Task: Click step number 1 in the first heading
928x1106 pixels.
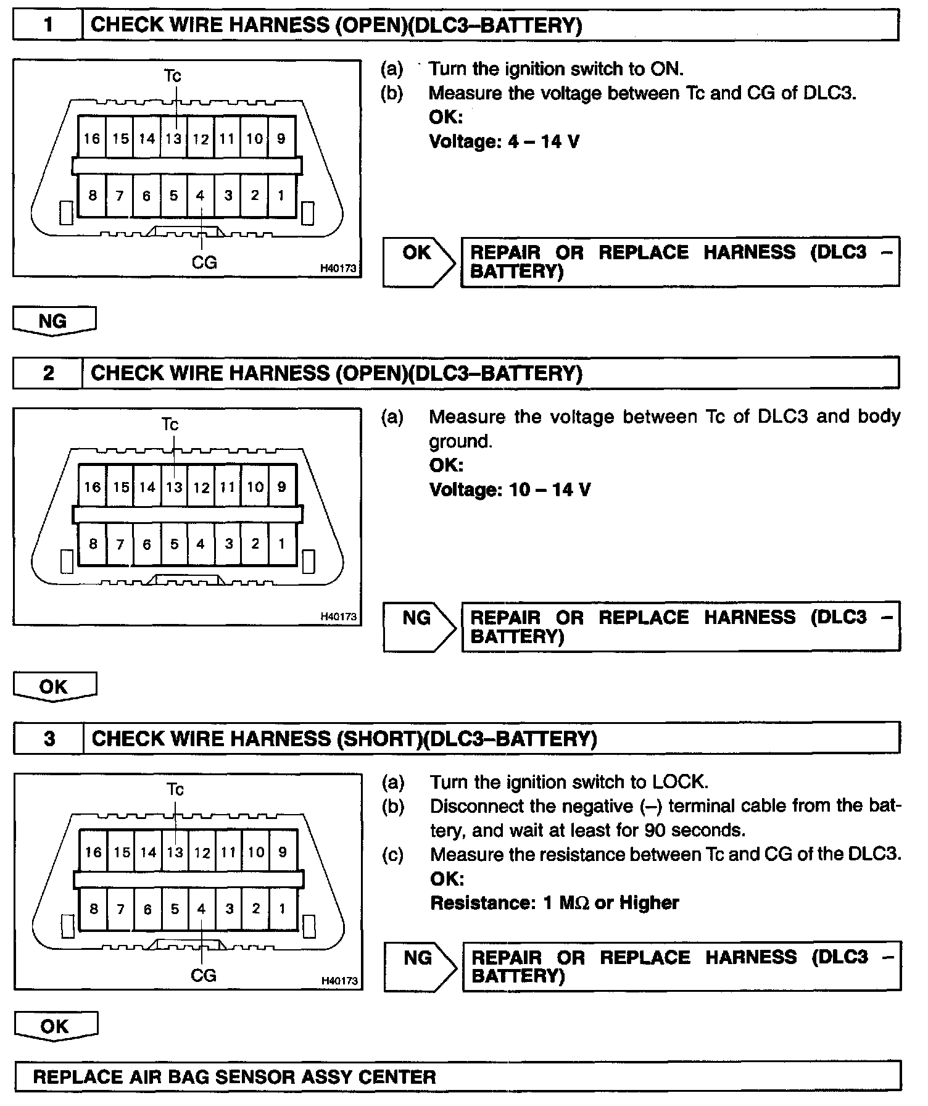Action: [x=48, y=25]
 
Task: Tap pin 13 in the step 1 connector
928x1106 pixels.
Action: [x=174, y=138]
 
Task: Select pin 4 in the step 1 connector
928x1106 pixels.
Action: [x=201, y=196]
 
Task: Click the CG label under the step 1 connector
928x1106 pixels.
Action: [x=204, y=263]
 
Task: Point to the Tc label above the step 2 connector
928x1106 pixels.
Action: [x=170, y=425]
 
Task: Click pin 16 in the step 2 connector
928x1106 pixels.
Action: [x=93, y=487]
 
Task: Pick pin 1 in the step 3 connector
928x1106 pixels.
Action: [x=283, y=908]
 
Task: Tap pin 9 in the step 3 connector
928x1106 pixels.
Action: [x=283, y=852]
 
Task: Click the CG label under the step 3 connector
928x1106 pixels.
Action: [x=204, y=975]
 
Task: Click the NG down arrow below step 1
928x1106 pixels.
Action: [x=54, y=322]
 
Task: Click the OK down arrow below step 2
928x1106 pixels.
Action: [x=54, y=687]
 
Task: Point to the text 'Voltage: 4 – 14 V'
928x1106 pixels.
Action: [x=504, y=142]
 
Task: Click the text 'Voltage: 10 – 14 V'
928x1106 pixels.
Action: [x=510, y=490]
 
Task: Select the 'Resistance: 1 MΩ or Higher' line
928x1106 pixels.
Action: [x=554, y=903]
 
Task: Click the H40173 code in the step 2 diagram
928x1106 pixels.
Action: [x=339, y=616]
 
